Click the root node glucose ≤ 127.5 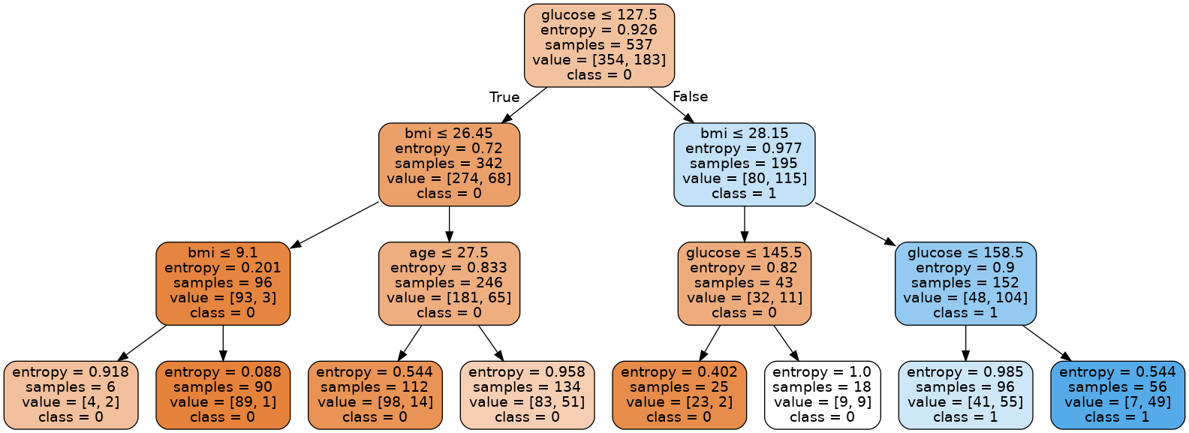click(x=599, y=45)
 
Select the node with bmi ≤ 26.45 click(x=449, y=164)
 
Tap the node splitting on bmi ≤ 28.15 click(x=744, y=164)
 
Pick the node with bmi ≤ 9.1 click(x=223, y=283)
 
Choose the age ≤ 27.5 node click(x=449, y=283)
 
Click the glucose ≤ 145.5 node click(x=744, y=283)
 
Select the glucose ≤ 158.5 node click(x=965, y=283)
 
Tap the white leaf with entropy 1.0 click(x=822, y=395)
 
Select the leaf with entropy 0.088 click(x=223, y=395)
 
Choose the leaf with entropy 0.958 click(x=527, y=395)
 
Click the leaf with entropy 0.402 click(x=679, y=395)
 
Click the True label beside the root click(x=504, y=98)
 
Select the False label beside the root click(x=690, y=97)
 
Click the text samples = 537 click(x=599, y=45)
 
